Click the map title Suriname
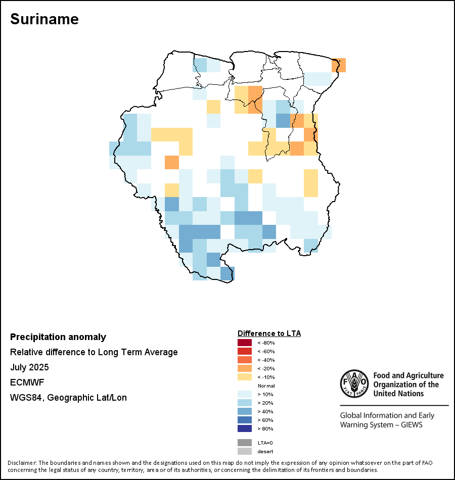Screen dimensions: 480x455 click(44, 19)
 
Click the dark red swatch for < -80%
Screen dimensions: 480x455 click(245, 343)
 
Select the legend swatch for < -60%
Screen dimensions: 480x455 click(245, 351)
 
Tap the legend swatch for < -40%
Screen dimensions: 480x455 click(245, 360)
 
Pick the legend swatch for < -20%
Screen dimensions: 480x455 click(245, 368)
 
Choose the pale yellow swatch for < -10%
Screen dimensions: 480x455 click(245, 377)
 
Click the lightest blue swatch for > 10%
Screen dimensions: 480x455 click(245, 394)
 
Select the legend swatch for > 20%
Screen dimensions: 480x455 click(245, 403)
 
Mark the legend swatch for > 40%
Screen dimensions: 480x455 click(245, 411)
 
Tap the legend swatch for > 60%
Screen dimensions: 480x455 click(245, 420)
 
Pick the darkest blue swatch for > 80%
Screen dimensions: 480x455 click(245, 428)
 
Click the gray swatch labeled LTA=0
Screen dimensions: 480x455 click(245, 443)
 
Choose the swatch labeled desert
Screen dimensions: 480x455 click(245, 451)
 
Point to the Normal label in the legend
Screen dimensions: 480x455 click(266, 386)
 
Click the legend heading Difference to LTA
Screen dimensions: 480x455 click(269, 333)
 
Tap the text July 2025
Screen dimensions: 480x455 click(29, 367)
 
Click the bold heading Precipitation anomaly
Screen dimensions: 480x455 click(58, 337)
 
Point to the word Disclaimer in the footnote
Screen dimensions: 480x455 click(22, 463)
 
